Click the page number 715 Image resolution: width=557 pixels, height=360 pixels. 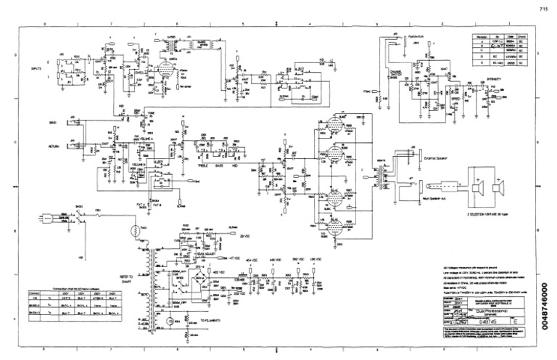point(542,9)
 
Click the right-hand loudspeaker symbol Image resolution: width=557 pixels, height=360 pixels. point(498,189)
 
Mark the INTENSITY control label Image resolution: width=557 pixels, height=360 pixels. point(495,79)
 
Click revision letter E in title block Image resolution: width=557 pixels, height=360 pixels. point(514,319)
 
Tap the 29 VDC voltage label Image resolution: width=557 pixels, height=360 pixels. point(245,236)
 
